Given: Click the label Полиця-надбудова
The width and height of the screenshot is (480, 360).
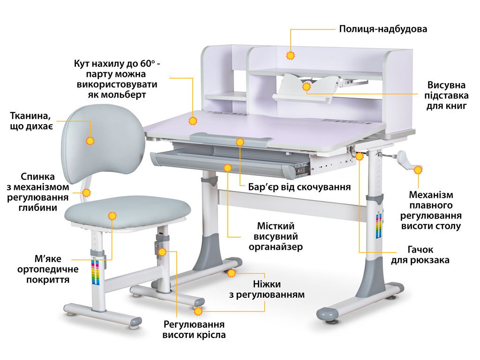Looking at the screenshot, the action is tap(383, 29).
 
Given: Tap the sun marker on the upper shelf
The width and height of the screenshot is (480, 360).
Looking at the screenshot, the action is tap(290, 56).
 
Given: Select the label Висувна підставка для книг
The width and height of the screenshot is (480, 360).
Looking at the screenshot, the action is tap(446, 95).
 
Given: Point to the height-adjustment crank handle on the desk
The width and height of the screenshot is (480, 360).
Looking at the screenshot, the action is tap(404, 159).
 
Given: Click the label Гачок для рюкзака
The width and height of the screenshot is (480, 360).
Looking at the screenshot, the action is tap(420, 255).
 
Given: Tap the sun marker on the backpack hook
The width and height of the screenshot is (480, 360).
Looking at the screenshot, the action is tap(360, 157).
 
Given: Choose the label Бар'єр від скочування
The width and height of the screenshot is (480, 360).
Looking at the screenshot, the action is tap(300, 187).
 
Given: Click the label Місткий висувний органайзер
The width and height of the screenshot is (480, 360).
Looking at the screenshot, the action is tap(276, 236).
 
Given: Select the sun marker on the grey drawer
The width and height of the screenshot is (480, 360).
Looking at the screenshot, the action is tap(227, 168).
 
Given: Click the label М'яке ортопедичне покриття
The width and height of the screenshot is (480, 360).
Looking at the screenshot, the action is tap(48, 269).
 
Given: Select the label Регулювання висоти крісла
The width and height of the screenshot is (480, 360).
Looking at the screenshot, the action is tap(194, 330).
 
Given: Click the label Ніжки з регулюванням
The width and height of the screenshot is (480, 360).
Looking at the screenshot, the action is tap(267, 289).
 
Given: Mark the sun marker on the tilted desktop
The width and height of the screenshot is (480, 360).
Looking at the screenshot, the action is tap(193, 121).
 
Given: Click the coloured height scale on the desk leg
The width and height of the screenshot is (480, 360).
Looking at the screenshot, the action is tap(379, 227).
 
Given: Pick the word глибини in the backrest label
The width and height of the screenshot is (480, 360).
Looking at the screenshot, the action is tap(37, 208).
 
